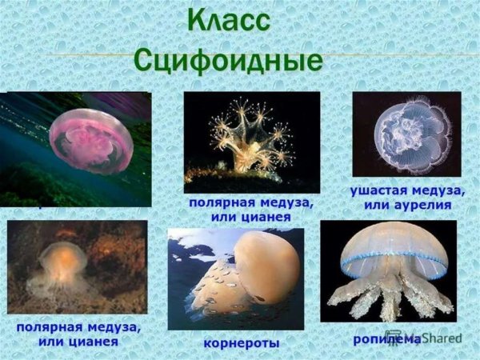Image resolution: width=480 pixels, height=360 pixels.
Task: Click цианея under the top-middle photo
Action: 264,216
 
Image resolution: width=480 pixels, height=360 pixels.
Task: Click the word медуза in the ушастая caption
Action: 439,191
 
